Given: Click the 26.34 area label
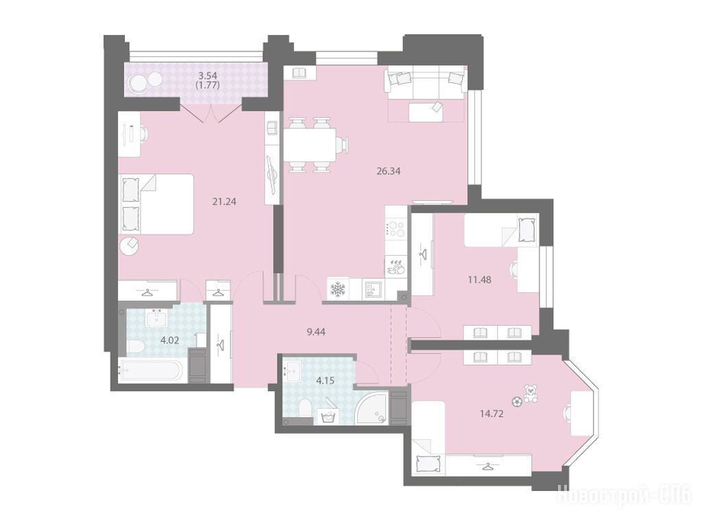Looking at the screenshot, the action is pyautogui.click(x=388, y=171).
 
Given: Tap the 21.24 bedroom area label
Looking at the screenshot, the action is pyautogui.click(x=224, y=202).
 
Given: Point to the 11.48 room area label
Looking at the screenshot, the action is pyautogui.click(x=479, y=280).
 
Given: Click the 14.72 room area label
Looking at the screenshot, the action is pyautogui.click(x=492, y=414).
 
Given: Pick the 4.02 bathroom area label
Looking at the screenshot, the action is pyautogui.click(x=170, y=340).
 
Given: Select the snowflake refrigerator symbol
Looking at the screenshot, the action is pyautogui.click(x=337, y=289).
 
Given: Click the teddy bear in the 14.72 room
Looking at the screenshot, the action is pyautogui.click(x=531, y=394).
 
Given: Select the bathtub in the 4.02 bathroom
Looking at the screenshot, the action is pyautogui.click(x=150, y=370).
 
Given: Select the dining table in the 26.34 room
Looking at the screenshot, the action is pyautogui.click(x=310, y=144).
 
